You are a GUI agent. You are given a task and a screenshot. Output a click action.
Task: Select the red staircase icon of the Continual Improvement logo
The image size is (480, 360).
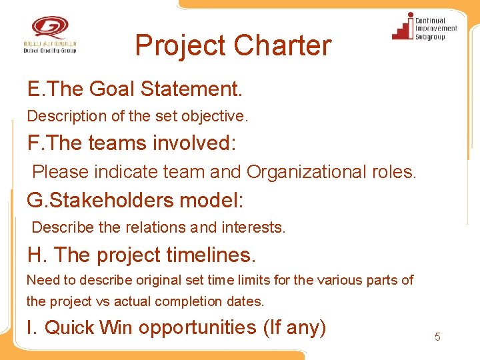coord(403,28)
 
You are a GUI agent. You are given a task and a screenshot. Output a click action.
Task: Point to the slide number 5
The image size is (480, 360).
coord(437,337)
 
